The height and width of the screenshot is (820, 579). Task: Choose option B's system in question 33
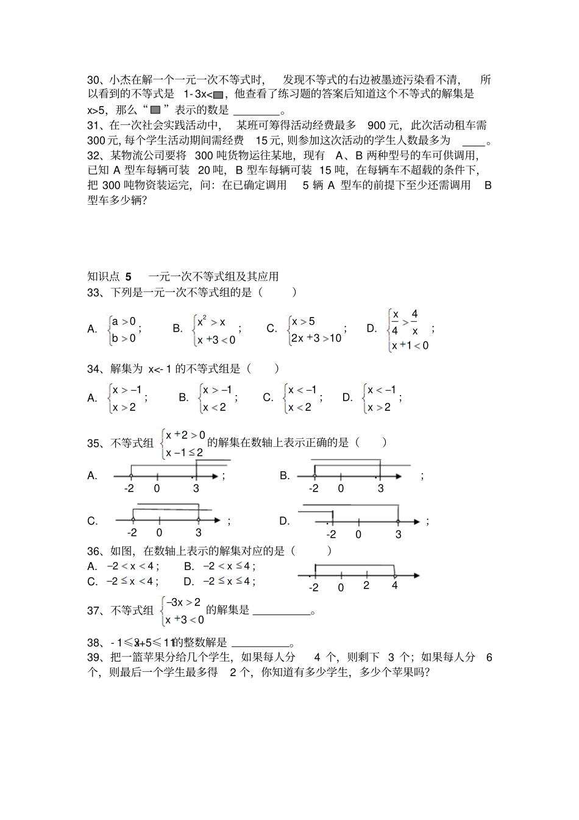pyautogui.click(x=215, y=330)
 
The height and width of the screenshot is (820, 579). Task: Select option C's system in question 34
pyautogui.click(x=301, y=398)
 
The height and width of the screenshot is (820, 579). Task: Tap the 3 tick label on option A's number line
pyautogui.click(x=196, y=488)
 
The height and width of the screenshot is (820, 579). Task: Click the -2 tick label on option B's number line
pyautogui.click(x=313, y=488)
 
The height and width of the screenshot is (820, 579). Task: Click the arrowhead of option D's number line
pyautogui.click(x=416, y=521)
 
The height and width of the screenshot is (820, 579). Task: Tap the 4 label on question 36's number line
pyautogui.click(x=394, y=586)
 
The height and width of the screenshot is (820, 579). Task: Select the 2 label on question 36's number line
pyautogui.click(x=366, y=586)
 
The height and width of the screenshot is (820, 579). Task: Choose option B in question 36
pyautogui.click(x=220, y=566)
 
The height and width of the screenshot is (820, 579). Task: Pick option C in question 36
pyautogui.click(x=123, y=582)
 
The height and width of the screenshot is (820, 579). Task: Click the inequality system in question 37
pyautogui.click(x=182, y=611)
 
